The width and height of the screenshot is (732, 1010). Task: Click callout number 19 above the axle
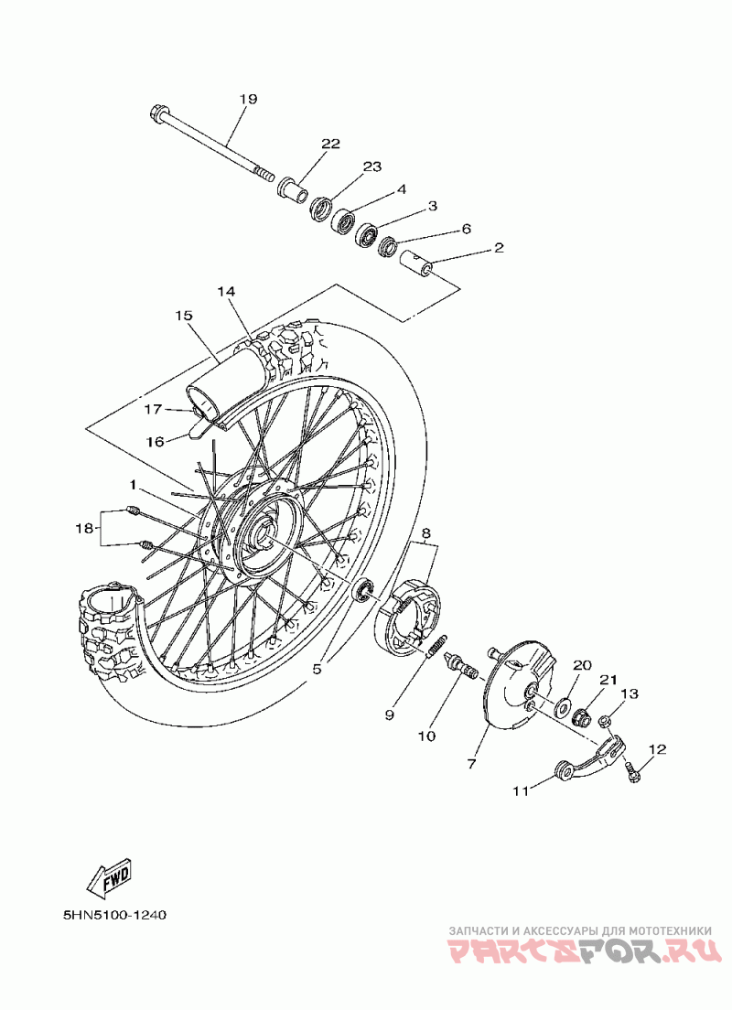point(248,99)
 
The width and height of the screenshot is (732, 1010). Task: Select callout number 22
point(330,144)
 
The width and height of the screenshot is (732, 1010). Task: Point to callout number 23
point(372,167)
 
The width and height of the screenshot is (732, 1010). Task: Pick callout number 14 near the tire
point(226,292)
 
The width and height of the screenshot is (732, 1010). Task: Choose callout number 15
point(184,316)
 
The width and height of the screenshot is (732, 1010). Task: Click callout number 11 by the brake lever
point(521,791)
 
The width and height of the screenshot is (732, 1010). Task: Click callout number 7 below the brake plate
point(471,764)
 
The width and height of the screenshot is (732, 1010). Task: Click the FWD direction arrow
point(109,877)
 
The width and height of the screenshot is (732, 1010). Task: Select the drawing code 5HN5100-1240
point(115,915)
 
